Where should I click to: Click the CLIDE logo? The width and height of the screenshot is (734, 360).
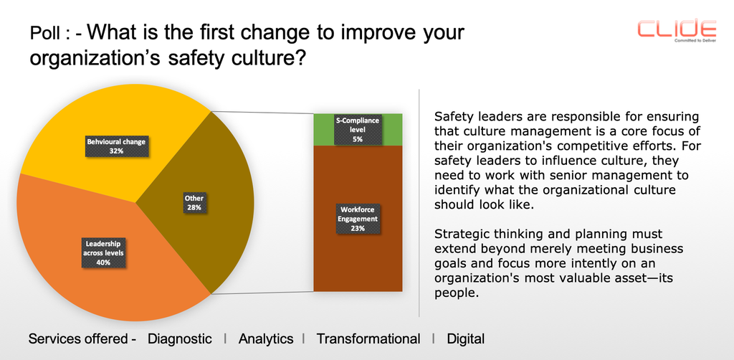pos(677,28)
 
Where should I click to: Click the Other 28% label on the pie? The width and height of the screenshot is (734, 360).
pos(194,202)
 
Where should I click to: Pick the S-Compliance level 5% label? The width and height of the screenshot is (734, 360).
pos(358,129)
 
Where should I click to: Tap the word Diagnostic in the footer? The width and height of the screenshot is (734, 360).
pos(180,338)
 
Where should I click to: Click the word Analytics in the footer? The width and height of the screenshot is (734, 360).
pos(266,338)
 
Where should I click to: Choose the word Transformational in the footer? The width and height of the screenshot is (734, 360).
pos(368,338)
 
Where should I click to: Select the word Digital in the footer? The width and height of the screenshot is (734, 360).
pos(466,338)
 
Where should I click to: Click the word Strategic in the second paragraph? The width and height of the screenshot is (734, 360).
pos(461,234)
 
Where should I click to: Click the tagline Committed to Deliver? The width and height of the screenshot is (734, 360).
pos(694,40)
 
